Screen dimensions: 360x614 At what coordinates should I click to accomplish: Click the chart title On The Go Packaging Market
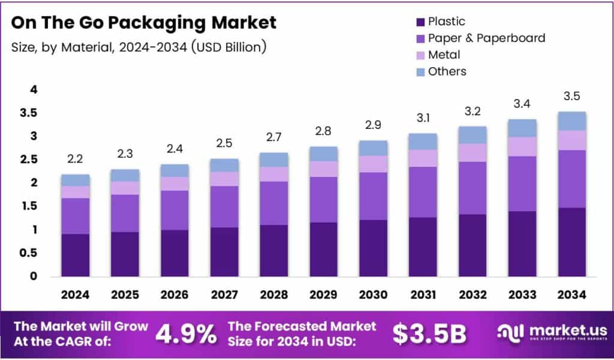click(x=144, y=23)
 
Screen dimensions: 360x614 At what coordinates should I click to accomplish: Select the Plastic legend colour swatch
click(x=420, y=22)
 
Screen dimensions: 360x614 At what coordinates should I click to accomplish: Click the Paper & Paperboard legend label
click(x=486, y=38)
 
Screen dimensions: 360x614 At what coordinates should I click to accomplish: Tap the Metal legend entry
click(x=444, y=55)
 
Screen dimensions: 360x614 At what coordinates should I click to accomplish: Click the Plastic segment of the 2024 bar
click(x=76, y=255)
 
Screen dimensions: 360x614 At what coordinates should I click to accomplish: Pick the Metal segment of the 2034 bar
click(x=572, y=140)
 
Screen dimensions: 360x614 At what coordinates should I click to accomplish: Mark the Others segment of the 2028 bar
click(x=274, y=160)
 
